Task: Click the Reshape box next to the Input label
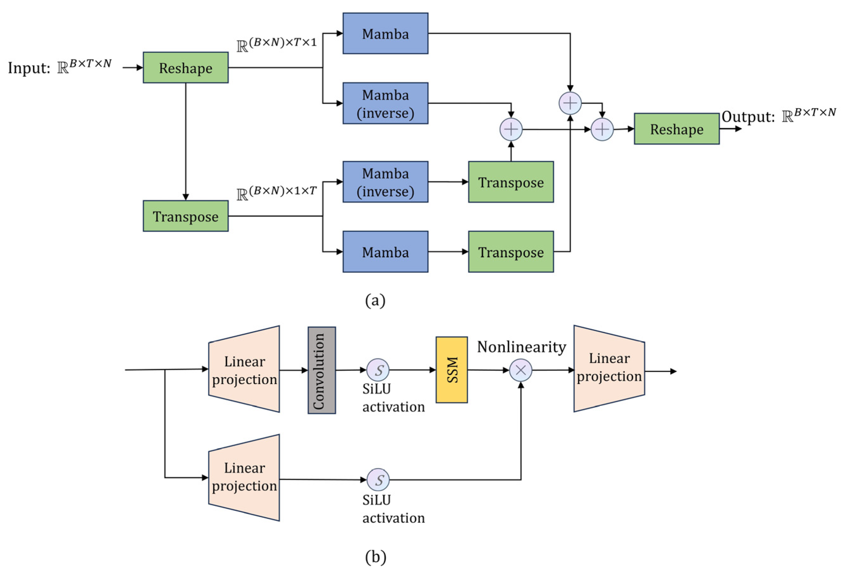tap(186, 68)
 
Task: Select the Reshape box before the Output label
tap(676, 129)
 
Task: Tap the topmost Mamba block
tap(385, 34)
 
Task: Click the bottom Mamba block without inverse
tap(385, 252)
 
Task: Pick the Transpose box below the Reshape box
tap(186, 216)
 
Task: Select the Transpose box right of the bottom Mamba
tap(511, 252)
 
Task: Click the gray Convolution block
tap(321, 370)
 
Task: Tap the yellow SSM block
tap(451, 370)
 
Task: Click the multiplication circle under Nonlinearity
tap(521, 370)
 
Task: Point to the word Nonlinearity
tap(522, 347)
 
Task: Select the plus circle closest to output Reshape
tap(602, 129)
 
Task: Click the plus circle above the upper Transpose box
tap(511, 129)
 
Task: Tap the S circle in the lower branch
tap(378, 480)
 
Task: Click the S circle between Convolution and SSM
tap(378, 370)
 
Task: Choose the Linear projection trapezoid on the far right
tap(609, 368)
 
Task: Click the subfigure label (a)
tap(375, 300)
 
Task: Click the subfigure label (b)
tap(375, 557)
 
